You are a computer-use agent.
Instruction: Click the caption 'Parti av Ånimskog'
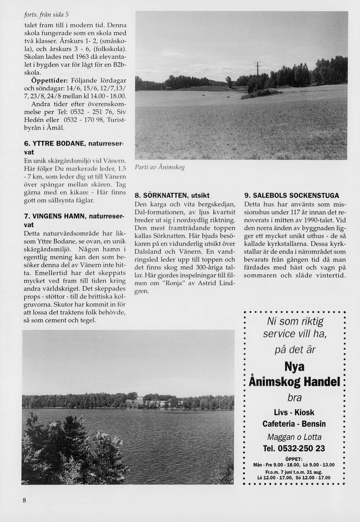pos(160,167)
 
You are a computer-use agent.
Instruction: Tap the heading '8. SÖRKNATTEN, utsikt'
pos(172,195)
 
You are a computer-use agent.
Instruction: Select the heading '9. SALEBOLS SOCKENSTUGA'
pos(291,195)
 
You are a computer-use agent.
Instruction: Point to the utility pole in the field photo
pos(257,69)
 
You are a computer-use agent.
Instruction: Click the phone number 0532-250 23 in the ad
pos(294,448)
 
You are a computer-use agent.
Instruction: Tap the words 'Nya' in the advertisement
pos(294,367)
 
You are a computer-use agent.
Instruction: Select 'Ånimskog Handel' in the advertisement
pos(294,381)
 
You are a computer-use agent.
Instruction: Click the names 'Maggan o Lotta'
pos(294,437)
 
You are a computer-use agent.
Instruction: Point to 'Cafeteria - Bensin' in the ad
pos(294,424)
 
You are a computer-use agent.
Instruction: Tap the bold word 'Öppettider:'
pos(50,81)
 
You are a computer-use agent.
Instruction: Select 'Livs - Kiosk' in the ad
pos(294,412)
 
